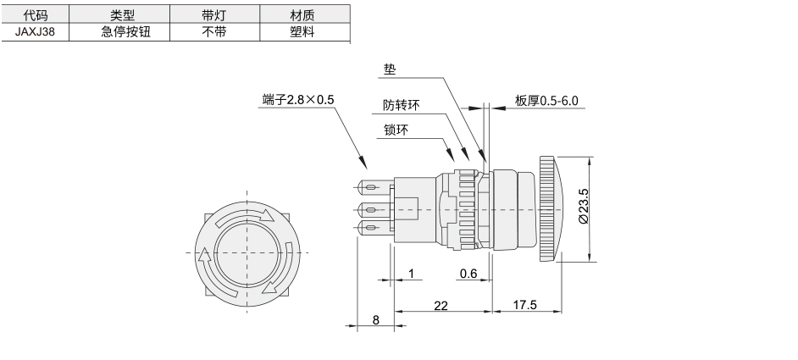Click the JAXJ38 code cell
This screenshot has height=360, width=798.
tap(35, 31)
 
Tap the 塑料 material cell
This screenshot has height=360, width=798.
tap(302, 31)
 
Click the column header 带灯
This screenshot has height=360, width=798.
tap(213, 14)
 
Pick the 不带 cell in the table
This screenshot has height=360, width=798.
tap(213, 31)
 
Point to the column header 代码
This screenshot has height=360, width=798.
tap(35, 14)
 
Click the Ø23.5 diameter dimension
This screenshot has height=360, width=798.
tap(583, 206)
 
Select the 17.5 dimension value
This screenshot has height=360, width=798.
tap(524, 304)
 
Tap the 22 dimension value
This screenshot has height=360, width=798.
tap(441, 305)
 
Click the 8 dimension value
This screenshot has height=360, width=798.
tap(375, 320)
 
